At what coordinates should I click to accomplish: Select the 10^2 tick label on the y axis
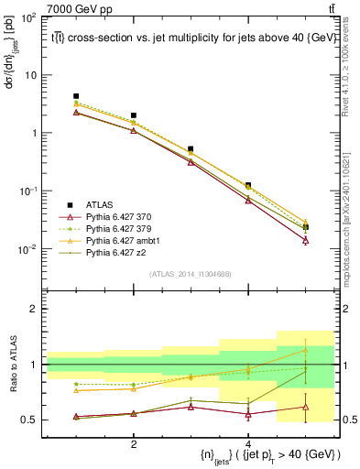point(27,17)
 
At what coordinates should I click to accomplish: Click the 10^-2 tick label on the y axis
point(27,249)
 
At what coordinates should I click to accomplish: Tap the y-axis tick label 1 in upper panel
point(33,133)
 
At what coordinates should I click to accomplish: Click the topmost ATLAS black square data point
point(76,96)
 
